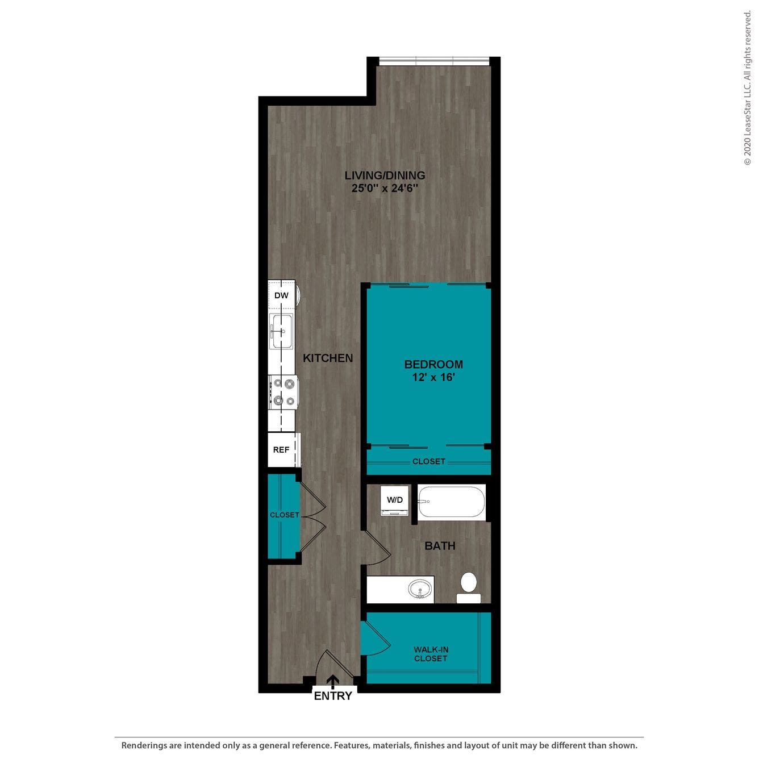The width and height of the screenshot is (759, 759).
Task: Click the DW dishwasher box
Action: [x=281, y=295]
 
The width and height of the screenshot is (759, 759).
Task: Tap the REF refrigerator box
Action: [x=281, y=450]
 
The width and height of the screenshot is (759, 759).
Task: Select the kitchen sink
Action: [x=281, y=331]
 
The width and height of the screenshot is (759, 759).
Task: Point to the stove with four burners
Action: [x=283, y=393]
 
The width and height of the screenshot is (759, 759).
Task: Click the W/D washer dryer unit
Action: [x=395, y=501]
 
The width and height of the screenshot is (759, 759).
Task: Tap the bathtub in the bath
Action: [x=452, y=502]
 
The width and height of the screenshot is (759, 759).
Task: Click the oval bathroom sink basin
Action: [x=420, y=589]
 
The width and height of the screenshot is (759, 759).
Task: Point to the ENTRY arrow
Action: [x=333, y=681]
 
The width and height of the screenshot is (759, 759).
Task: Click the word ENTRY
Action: [x=333, y=696]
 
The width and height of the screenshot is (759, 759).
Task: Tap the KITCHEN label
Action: [x=328, y=358]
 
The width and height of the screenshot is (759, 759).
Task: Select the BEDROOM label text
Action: [x=433, y=364]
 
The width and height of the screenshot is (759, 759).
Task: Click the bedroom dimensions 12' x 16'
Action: [x=433, y=377]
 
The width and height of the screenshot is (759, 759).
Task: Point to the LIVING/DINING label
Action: [x=385, y=176]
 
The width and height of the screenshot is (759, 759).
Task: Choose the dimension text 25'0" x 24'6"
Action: [x=385, y=189]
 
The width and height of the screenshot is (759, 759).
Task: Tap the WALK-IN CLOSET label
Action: [x=431, y=654]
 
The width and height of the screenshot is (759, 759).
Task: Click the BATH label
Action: [x=440, y=546]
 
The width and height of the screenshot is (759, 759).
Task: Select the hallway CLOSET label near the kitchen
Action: [x=284, y=515]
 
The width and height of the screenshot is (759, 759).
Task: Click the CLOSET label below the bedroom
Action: [x=429, y=461]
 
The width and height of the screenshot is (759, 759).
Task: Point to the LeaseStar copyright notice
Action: [x=747, y=88]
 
